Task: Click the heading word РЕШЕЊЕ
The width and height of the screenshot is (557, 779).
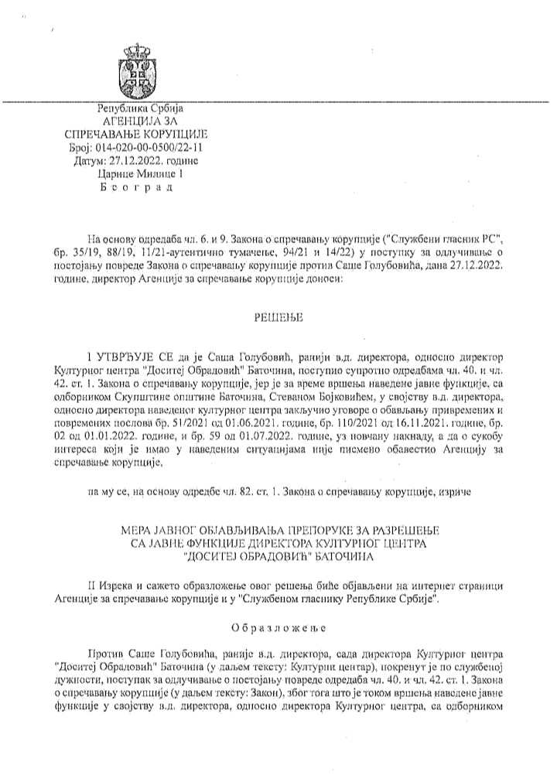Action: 278,317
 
